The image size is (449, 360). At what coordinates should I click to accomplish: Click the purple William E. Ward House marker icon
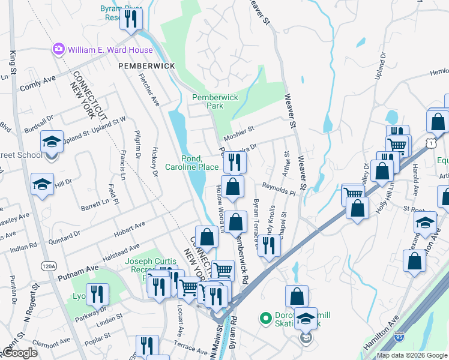[x=59, y=49]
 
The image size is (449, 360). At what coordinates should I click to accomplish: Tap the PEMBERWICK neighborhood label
[x=146, y=65]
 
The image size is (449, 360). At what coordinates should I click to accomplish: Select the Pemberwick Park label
[x=215, y=101]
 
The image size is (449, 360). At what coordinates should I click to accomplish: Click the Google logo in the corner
[x=19, y=352]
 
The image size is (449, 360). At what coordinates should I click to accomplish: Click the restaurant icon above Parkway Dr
[x=96, y=295]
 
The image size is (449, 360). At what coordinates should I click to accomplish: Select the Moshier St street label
[x=240, y=129]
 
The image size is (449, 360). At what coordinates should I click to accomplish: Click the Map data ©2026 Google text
[x=411, y=355]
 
